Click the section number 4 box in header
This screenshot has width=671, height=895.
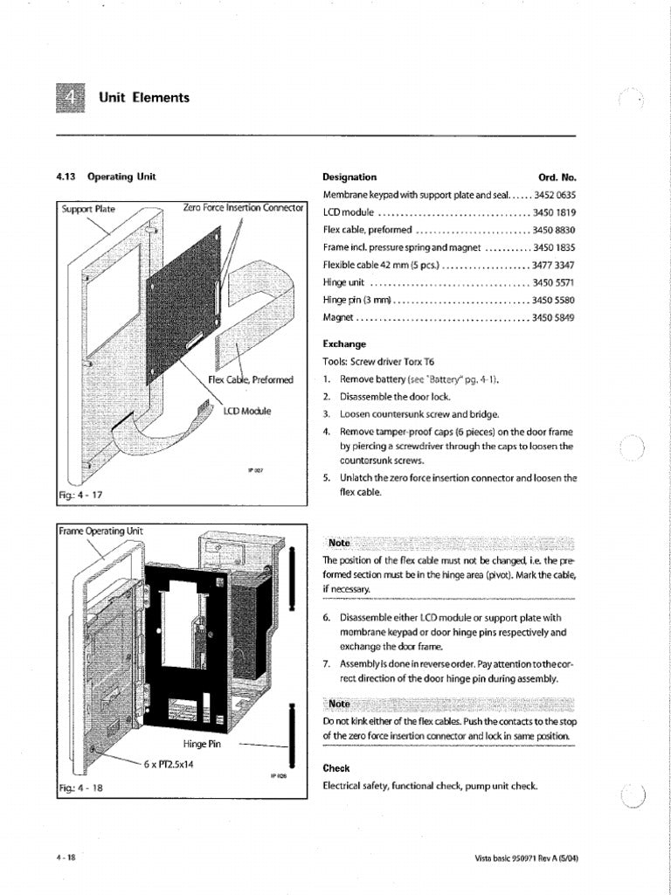click(70, 98)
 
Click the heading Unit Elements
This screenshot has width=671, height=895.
click(144, 98)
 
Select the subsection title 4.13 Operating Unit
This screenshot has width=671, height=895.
click(106, 177)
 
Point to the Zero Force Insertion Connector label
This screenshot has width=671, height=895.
click(243, 208)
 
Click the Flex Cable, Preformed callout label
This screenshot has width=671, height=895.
click(251, 379)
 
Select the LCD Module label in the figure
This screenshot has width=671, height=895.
click(247, 410)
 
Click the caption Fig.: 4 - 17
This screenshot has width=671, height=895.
click(80, 495)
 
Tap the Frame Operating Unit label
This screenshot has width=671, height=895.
click(100, 531)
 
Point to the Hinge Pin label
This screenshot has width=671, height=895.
click(203, 744)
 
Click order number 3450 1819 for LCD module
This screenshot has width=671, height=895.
click(554, 212)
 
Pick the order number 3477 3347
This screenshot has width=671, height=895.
click(554, 265)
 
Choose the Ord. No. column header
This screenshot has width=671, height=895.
click(557, 177)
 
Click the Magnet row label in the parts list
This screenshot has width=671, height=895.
click(338, 317)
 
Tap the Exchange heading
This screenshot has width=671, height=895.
click(344, 343)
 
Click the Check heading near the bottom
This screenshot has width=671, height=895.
click(336, 768)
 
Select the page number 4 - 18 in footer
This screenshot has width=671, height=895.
click(66, 857)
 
